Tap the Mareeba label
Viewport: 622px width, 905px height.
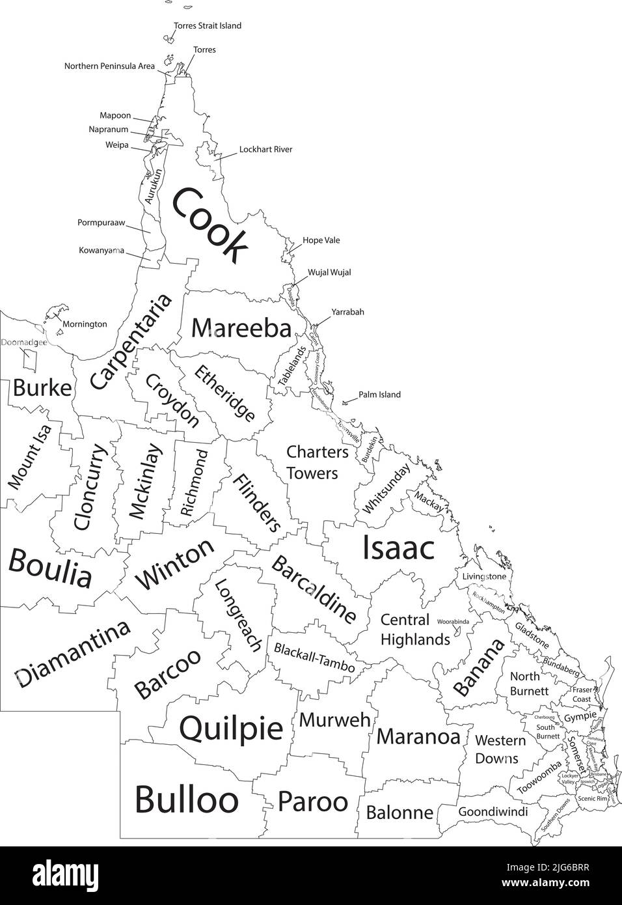click(x=241, y=328)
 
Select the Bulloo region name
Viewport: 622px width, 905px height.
click(x=186, y=799)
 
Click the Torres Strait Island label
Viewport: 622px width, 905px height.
click(x=208, y=26)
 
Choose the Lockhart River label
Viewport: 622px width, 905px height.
click(x=265, y=149)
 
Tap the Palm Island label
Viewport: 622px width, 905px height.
click(x=379, y=395)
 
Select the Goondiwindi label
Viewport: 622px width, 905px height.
click(x=493, y=812)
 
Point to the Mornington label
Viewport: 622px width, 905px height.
click(x=85, y=324)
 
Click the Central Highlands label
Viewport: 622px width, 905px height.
click(x=414, y=630)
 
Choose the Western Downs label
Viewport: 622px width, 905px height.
click(x=500, y=749)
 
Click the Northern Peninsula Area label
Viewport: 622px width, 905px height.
click(x=109, y=66)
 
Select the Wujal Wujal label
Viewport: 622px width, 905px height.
click(x=329, y=272)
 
